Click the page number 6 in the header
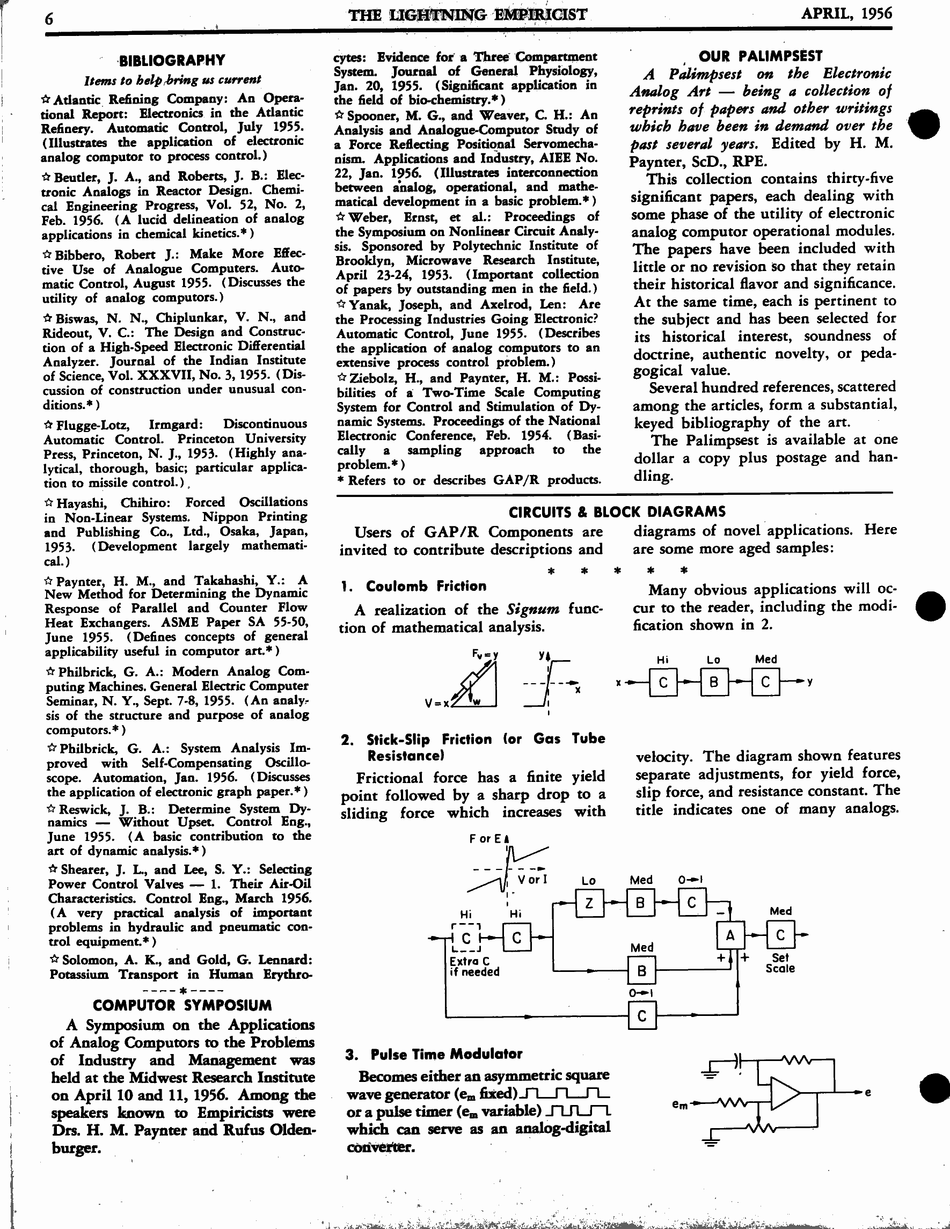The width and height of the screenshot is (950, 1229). coord(49,19)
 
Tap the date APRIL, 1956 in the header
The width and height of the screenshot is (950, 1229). coord(846,13)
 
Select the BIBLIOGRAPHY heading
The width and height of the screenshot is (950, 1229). coord(172,60)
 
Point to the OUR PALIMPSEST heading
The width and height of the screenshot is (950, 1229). coord(761,56)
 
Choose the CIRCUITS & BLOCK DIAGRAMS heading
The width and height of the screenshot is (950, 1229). coord(617,512)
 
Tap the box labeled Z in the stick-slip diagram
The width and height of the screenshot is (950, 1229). coord(589,903)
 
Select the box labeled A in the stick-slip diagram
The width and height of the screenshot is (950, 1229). coord(730,935)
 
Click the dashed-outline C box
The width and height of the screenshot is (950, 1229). coord(466,938)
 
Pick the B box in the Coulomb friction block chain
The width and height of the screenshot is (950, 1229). coord(714,683)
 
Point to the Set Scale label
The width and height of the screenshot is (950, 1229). coord(780,963)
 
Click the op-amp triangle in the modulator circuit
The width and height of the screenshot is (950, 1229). coord(785,1093)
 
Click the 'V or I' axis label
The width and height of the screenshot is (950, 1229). coord(532,879)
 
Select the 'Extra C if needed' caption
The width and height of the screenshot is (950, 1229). coord(474,967)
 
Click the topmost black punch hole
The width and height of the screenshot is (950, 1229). coord(924,124)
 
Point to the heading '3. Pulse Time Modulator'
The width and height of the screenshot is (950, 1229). coord(434,1054)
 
